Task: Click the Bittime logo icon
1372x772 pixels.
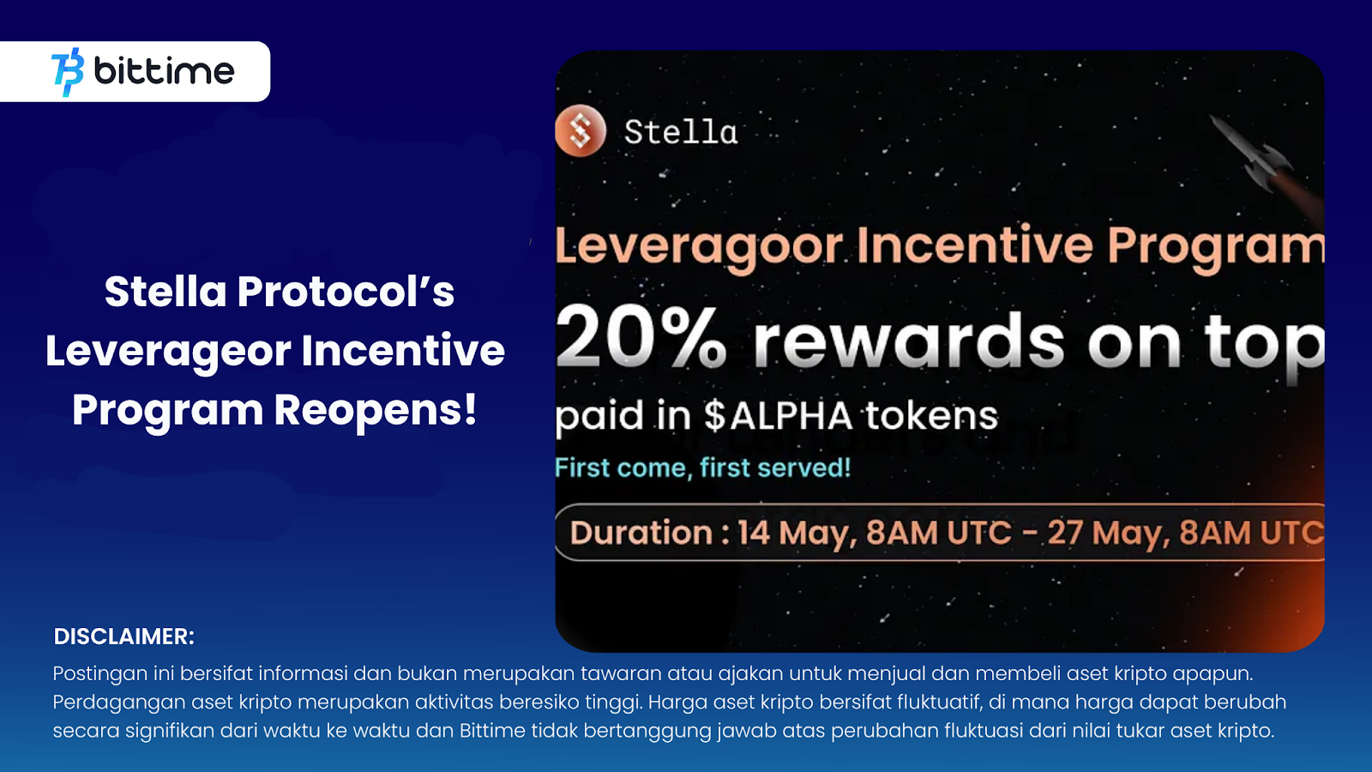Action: point(68,72)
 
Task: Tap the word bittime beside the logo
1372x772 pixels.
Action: point(164,70)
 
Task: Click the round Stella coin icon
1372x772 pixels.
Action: point(581,130)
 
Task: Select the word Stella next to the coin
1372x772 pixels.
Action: point(681,132)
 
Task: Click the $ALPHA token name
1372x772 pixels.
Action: point(778,416)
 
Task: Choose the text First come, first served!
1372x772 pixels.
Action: point(703,467)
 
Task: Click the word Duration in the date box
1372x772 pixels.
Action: point(641,532)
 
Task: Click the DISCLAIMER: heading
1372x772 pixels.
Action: point(123,636)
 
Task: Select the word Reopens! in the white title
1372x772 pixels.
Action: point(375,409)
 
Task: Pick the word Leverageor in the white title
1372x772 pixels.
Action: point(167,352)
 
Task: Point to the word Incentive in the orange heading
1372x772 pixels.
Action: point(975,246)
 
